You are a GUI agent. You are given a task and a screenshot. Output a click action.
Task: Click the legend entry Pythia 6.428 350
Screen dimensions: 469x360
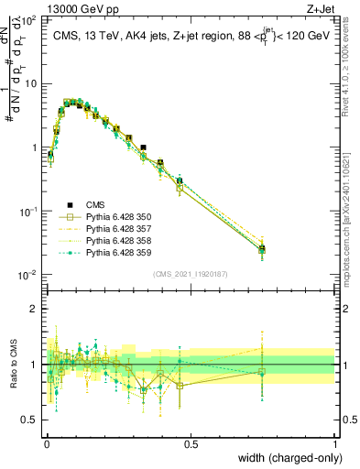[x=115, y=217]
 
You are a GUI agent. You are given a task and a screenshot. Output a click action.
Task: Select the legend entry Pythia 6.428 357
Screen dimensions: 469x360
[x=115, y=229]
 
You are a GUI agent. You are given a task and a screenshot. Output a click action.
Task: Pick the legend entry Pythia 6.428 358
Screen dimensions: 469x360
[x=115, y=241]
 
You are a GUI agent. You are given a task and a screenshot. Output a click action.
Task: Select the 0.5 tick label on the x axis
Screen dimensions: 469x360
[x=191, y=443]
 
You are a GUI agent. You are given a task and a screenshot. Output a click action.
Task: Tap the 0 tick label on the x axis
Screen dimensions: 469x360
[x=46, y=443]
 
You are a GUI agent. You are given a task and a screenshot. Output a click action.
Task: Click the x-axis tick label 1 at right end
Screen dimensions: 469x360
[x=335, y=443]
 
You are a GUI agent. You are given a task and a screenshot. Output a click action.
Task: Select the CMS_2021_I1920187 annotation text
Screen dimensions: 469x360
[x=191, y=274]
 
